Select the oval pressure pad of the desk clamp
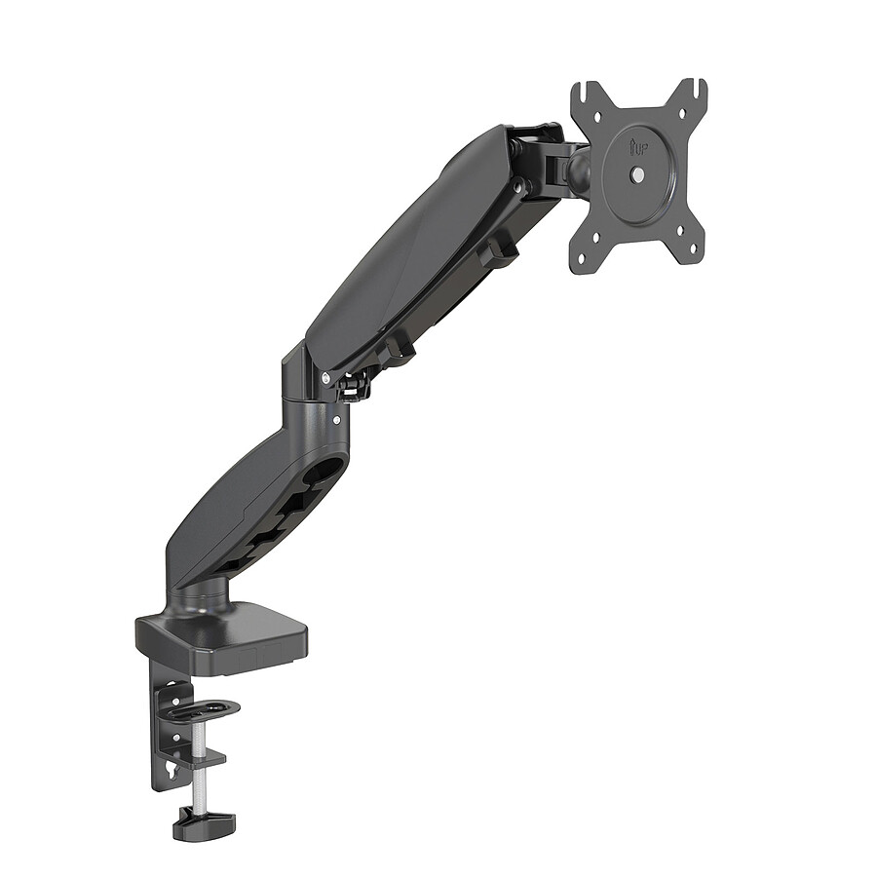coord(207,707)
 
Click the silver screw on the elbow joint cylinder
coord(336,421)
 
